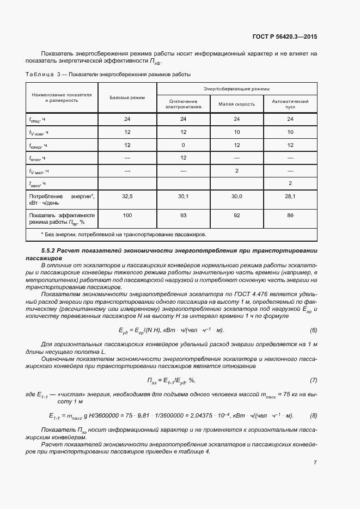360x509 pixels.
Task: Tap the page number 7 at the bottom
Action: click(315, 463)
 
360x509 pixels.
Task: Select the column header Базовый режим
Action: click(127, 97)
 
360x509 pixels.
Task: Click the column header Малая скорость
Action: click(236, 104)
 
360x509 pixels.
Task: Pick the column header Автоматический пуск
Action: click(290, 104)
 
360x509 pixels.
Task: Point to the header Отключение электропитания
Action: click(183, 104)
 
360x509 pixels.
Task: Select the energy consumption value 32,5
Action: click(127, 197)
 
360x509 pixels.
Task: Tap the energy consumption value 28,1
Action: click(290, 197)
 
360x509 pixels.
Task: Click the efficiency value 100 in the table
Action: click(127, 216)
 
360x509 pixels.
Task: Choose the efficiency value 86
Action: click(290, 216)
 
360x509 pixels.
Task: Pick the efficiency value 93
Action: click(183, 216)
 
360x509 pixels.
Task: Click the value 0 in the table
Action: click(183, 145)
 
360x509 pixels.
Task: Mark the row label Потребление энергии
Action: click(62, 199)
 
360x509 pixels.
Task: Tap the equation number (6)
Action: click(313, 330)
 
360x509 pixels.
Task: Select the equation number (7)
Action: click(313, 380)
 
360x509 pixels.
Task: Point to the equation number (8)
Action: click(313, 415)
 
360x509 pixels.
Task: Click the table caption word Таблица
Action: click(40, 75)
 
